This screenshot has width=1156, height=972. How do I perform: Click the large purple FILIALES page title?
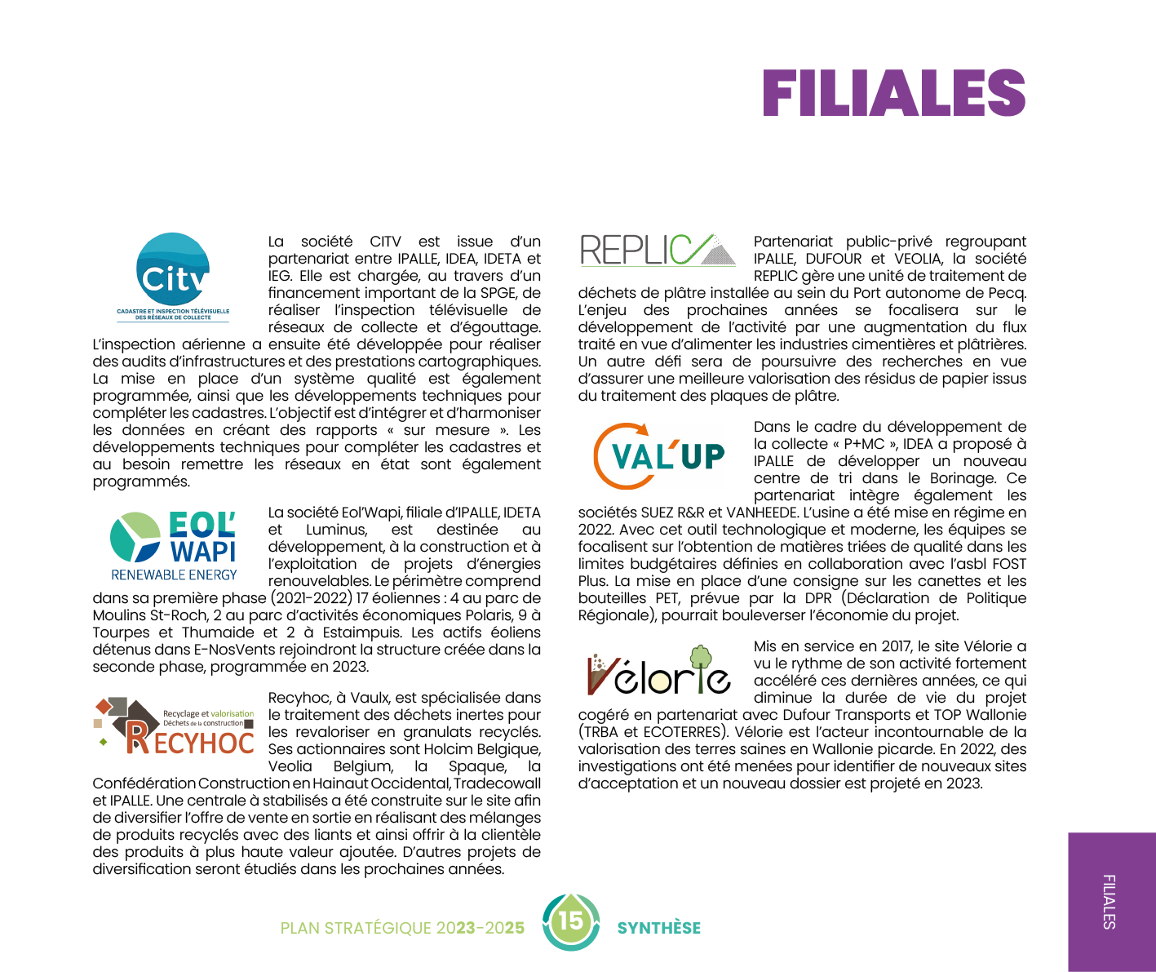coord(893,93)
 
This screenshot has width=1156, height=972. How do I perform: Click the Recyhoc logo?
coord(174,725)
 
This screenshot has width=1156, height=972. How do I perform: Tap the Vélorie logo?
coord(658,672)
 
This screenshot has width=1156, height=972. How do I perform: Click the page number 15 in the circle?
coord(571,921)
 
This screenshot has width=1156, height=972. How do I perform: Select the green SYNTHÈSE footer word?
coord(658,928)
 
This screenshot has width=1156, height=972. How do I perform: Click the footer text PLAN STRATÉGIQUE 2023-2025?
coord(402,928)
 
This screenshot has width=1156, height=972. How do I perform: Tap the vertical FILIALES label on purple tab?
coord(1109,901)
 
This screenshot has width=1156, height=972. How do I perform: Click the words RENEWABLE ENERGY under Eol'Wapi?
coord(174,575)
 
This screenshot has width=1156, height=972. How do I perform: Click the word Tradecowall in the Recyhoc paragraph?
coord(497,783)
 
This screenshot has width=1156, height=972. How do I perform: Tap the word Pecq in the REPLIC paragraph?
coord(1006,293)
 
